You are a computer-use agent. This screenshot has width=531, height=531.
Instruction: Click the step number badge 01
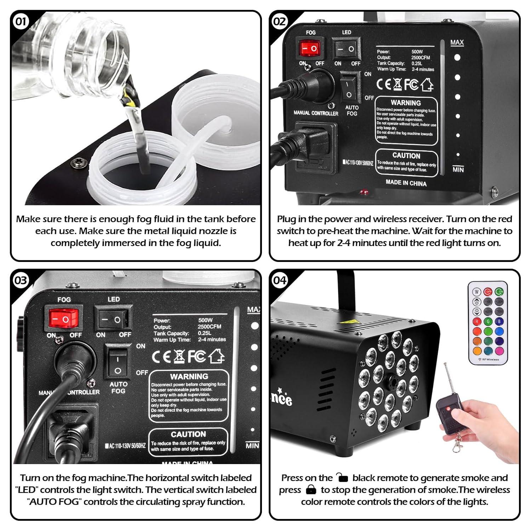click(21, 22)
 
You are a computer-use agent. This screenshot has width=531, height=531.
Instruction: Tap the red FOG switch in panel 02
click(311, 48)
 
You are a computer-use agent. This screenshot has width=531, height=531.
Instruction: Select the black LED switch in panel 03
click(113, 320)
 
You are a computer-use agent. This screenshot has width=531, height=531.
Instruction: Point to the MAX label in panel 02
click(457, 42)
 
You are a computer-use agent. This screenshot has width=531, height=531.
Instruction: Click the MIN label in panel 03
click(252, 446)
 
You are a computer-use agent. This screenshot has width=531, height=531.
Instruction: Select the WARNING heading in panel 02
click(406, 103)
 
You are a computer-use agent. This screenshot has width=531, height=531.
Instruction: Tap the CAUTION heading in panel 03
click(188, 434)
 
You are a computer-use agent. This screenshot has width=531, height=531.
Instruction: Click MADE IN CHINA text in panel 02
click(406, 183)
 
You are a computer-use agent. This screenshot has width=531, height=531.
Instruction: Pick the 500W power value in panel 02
click(417, 52)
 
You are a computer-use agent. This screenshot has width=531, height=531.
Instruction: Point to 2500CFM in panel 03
click(209, 326)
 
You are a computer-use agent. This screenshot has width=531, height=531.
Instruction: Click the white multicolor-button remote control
click(488, 322)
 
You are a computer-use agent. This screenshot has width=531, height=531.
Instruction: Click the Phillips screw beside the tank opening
click(78, 163)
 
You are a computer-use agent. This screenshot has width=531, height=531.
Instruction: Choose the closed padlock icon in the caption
click(311, 490)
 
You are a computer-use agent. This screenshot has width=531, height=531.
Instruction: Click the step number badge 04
click(280, 280)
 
